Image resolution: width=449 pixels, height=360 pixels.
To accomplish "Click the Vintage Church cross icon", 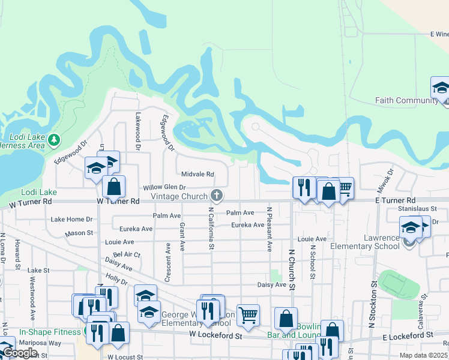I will pos(217,195).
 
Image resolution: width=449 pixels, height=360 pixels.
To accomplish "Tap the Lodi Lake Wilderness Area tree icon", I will pos(55,140).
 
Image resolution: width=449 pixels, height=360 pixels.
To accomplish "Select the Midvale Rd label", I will pos(197,175).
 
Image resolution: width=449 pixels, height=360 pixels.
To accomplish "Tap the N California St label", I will pos(211,230).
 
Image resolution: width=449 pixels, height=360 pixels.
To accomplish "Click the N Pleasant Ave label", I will pos(270,230).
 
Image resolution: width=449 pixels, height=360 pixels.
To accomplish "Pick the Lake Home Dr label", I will pos(72,220).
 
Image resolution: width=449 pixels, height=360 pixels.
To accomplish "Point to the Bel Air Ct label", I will pos(127,254).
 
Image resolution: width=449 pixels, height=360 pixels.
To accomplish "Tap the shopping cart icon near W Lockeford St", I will pos(247,314).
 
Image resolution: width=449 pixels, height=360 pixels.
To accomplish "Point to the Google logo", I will pos(20,353).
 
